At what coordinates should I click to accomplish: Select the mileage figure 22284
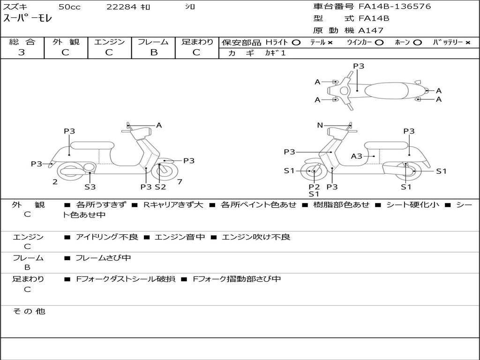[x=121, y=7]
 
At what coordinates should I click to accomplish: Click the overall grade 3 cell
[x=22, y=52]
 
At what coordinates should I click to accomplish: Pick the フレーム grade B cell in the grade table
[x=153, y=52]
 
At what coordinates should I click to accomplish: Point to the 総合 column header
[x=22, y=42]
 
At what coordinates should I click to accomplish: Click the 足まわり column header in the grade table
[x=197, y=42]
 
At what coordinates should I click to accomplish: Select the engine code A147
[x=371, y=30]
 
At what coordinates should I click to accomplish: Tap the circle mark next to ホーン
[x=417, y=42]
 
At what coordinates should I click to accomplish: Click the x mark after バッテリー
[x=467, y=42]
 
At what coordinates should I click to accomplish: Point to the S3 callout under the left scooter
[x=90, y=187]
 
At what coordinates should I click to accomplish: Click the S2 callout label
[x=160, y=187]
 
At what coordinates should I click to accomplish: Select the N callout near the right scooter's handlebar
[x=320, y=125]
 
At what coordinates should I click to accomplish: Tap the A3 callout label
[x=357, y=156]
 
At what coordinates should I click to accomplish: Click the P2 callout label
[x=314, y=187]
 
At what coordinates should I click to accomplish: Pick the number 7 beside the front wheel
[x=180, y=181]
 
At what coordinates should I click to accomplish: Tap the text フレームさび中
[x=103, y=258]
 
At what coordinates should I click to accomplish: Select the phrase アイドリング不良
[x=107, y=237]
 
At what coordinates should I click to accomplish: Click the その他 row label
[x=29, y=311]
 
